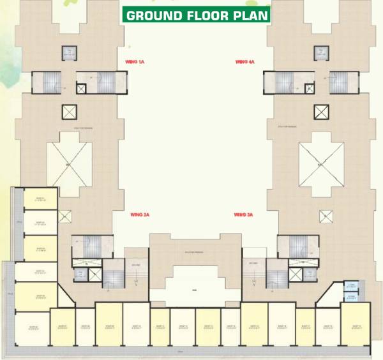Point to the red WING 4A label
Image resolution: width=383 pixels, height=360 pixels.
point(245,62)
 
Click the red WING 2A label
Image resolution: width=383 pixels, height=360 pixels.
point(139,214)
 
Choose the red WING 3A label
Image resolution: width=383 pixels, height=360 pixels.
point(244,214)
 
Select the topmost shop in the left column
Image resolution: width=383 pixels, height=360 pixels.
point(40,200)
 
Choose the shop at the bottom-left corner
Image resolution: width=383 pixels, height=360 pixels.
point(31,329)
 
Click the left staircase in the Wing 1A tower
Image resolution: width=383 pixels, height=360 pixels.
point(46,82)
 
